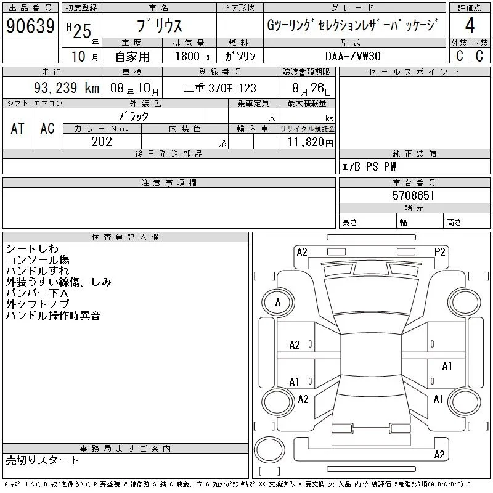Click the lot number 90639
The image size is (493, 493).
[x=30, y=26]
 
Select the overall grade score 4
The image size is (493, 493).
[x=470, y=25]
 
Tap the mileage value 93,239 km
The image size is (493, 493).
[x=67, y=88]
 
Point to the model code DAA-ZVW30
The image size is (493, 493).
[x=352, y=56]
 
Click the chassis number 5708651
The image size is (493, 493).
[x=414, y=195]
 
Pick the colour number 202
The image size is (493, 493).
[x=102, y=142]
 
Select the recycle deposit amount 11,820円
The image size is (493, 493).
[x=310, y=142]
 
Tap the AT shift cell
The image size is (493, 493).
[x=18, y=128]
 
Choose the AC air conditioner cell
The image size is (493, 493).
[x=47, y=128]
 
